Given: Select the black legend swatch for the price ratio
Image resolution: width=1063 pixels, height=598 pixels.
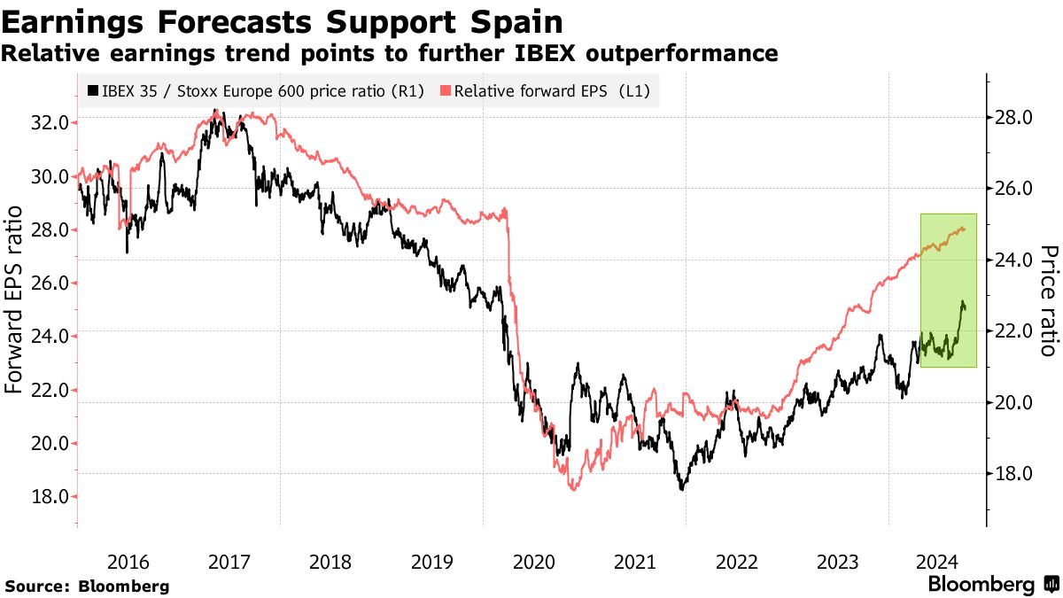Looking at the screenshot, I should click(x=92, y=90).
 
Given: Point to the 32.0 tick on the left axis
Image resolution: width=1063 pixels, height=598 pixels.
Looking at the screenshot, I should click(x=50, y=122).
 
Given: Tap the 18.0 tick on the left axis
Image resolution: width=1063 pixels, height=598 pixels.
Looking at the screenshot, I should click(x=50, y=497).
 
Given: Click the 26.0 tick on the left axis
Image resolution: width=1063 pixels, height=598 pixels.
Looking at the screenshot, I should click(x=50, y=283).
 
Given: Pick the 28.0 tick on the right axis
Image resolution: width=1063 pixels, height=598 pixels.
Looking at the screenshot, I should click(x=1013, y=118).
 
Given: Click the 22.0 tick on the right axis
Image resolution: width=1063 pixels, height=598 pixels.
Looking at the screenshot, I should click(x=1013, y=331).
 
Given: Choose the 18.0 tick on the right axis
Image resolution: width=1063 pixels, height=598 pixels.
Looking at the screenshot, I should click(x=1013, y=474).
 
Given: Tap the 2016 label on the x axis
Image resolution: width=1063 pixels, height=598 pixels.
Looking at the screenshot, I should click(x=128, y=562).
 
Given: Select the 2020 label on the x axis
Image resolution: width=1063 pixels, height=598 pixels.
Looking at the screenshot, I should click(x=533, y=562).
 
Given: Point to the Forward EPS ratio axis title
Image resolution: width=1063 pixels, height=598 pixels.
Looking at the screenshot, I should click(x=15, y=299).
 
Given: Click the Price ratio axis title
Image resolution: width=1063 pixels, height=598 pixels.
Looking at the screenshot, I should click(x=1048, y=299).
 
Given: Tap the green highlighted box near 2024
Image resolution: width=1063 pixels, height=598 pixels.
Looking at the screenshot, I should click(x=949, y=290).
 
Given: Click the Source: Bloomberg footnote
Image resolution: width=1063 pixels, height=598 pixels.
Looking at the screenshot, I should click(x=86, y=586).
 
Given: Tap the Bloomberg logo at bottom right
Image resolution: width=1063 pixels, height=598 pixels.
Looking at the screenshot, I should click(x=992, y=585).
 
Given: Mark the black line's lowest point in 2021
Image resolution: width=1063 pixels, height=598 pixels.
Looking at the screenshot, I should click(x=682, y=489).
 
